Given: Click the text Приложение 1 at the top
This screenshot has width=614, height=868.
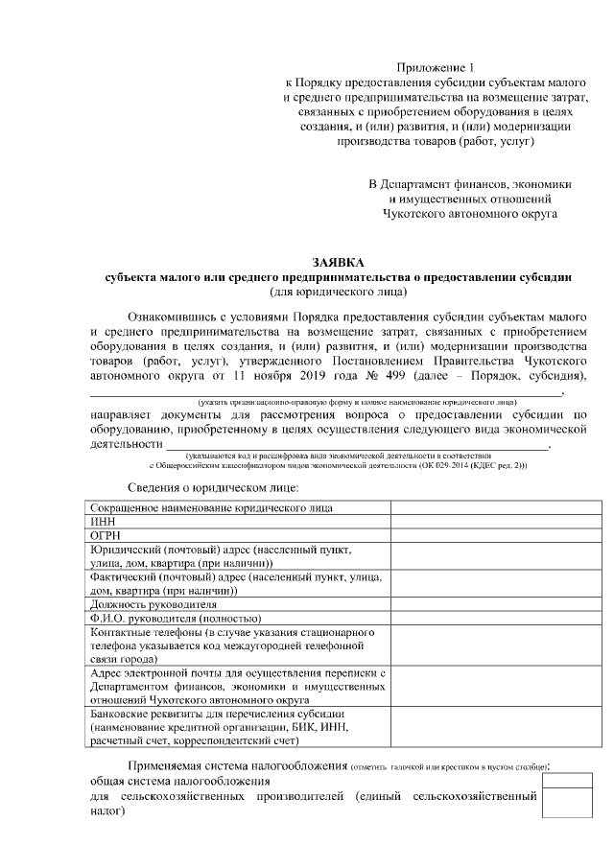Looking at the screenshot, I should point(436,67).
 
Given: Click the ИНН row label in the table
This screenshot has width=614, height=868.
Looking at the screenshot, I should point(101,521).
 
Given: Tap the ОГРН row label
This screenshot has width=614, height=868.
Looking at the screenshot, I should point(105,535).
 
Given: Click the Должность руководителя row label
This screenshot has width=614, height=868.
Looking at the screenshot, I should point(153,605).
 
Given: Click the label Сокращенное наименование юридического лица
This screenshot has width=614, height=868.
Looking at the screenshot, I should point(211,506).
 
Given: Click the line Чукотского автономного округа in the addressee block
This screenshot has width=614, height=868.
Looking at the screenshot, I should point(470,214).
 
